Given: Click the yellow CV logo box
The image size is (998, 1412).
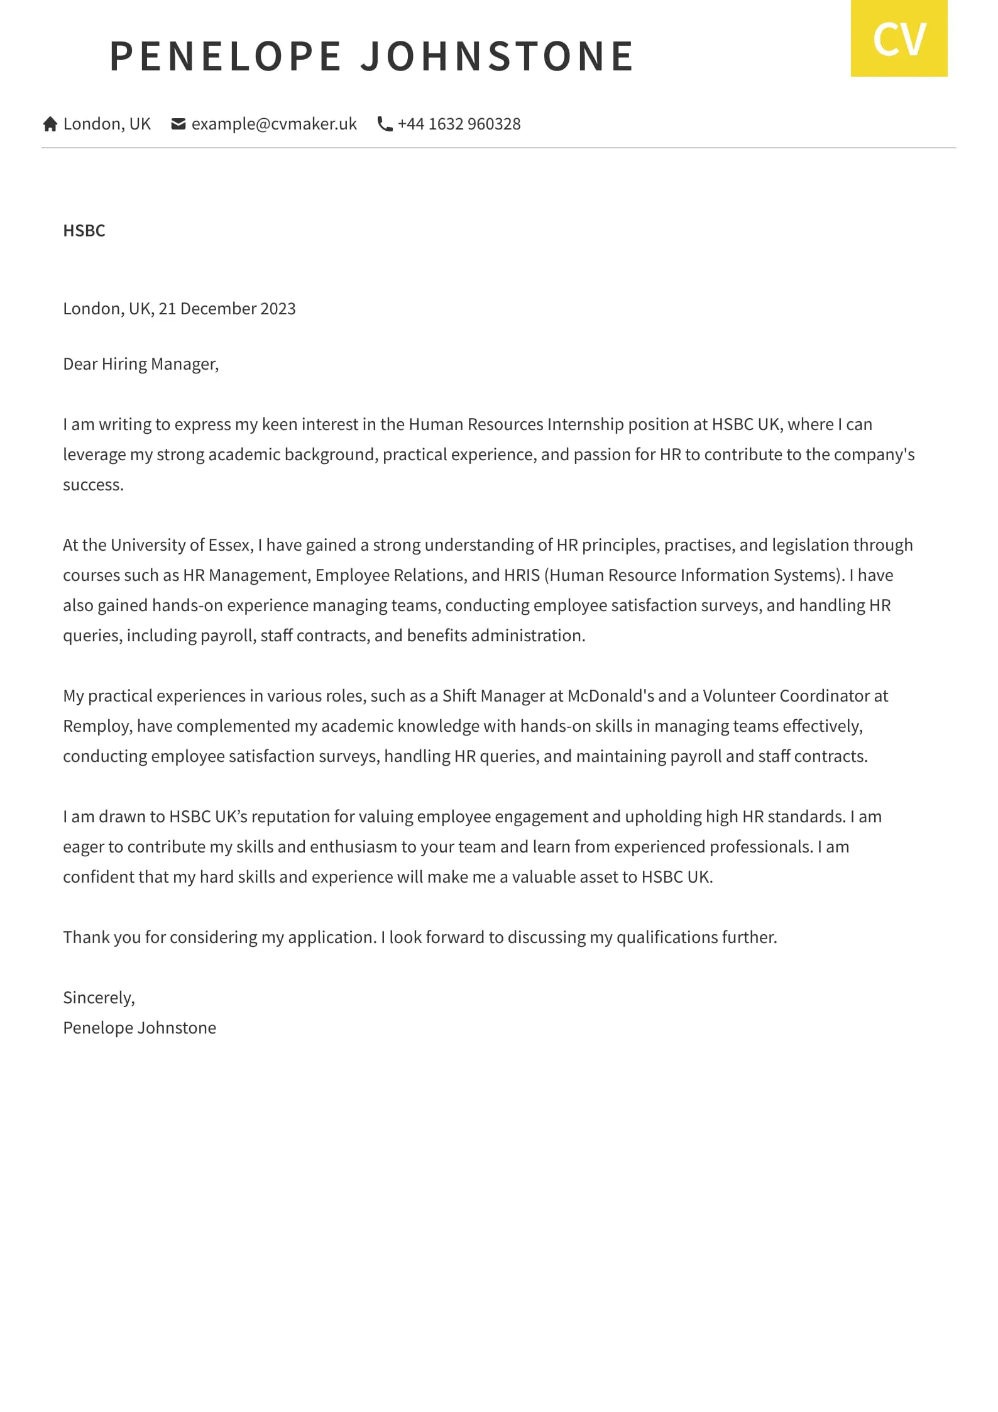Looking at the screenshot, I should tap(899, 38).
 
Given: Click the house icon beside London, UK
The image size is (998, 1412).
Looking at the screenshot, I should tap(50, 124).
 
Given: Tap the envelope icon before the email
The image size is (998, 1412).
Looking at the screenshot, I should tap(178, 124).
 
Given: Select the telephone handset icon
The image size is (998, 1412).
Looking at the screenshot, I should tap(385, 124).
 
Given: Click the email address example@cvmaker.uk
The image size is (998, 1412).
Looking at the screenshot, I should tap(274, 124).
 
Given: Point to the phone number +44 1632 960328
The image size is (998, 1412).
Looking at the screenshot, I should tap(459, 124).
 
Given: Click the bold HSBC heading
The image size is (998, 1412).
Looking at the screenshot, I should tap(84, 231).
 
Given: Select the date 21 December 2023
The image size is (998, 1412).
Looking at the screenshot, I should tap(227, 309).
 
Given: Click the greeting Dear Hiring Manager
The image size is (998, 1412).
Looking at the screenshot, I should tap(141, 364).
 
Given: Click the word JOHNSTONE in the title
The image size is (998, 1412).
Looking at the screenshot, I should tap(497, 57).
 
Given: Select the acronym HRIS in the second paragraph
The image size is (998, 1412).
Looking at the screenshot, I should tap(522, 575).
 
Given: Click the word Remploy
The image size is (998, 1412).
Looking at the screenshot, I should tap(97, 726).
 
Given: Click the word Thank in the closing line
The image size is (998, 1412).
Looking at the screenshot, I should tap(87, 937).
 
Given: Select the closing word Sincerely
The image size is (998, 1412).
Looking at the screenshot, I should tap(99, 998).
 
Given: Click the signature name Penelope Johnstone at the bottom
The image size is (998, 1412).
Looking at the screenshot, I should tap(140, 1028).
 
